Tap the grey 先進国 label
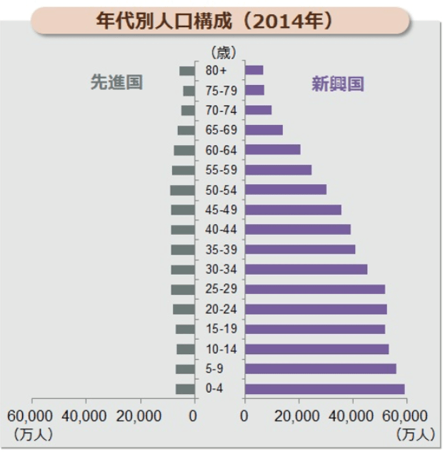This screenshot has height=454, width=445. coord(116,82)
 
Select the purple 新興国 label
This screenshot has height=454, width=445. coord(337,84)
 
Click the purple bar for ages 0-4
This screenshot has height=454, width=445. coord(324,389)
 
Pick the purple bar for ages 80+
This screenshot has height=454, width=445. coord(254,71)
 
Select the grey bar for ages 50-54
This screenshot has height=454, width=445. coord(182,190)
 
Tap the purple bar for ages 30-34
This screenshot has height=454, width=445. coord(306,270)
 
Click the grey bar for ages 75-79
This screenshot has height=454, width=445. coord(189,91)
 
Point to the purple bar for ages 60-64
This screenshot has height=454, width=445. coord(272,150)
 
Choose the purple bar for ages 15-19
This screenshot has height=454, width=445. coord(314,329)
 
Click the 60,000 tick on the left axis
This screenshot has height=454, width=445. coord(30,416)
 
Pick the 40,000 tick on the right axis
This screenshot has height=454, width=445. coord(352,416)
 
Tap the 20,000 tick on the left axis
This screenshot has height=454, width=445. coord(139,416)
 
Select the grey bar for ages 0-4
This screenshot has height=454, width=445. coord(185,389)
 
